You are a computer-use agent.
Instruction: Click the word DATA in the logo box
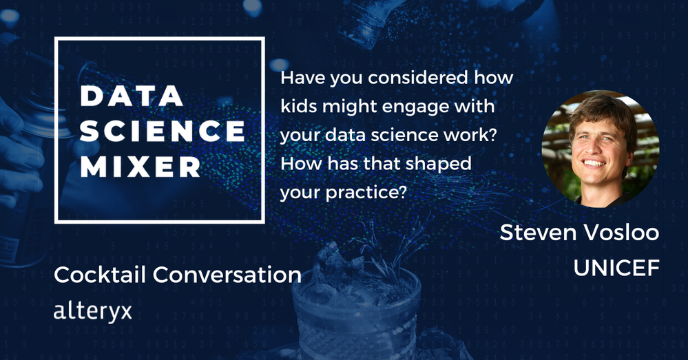click(x=132, y=96)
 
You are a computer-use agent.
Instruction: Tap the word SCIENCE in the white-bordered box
click(x=163, y=131)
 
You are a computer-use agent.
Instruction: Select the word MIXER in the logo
click(x=140, y=166)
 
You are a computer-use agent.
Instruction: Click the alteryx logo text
click(x=92, y=311)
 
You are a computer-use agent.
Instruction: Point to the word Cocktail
click(x=101, y=275)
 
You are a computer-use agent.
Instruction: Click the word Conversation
click(x=227, y=275)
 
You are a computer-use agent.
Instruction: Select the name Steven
click(x=538, y=232)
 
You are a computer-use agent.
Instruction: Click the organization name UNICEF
click(x=616, y=268)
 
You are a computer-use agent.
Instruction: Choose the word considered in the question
click(x=418, y=78)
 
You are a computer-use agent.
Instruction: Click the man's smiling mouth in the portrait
click(x=593, y=162)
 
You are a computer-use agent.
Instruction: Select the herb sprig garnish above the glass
click(x=386, y=250)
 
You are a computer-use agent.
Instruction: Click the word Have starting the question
click(x=302, y=78)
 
